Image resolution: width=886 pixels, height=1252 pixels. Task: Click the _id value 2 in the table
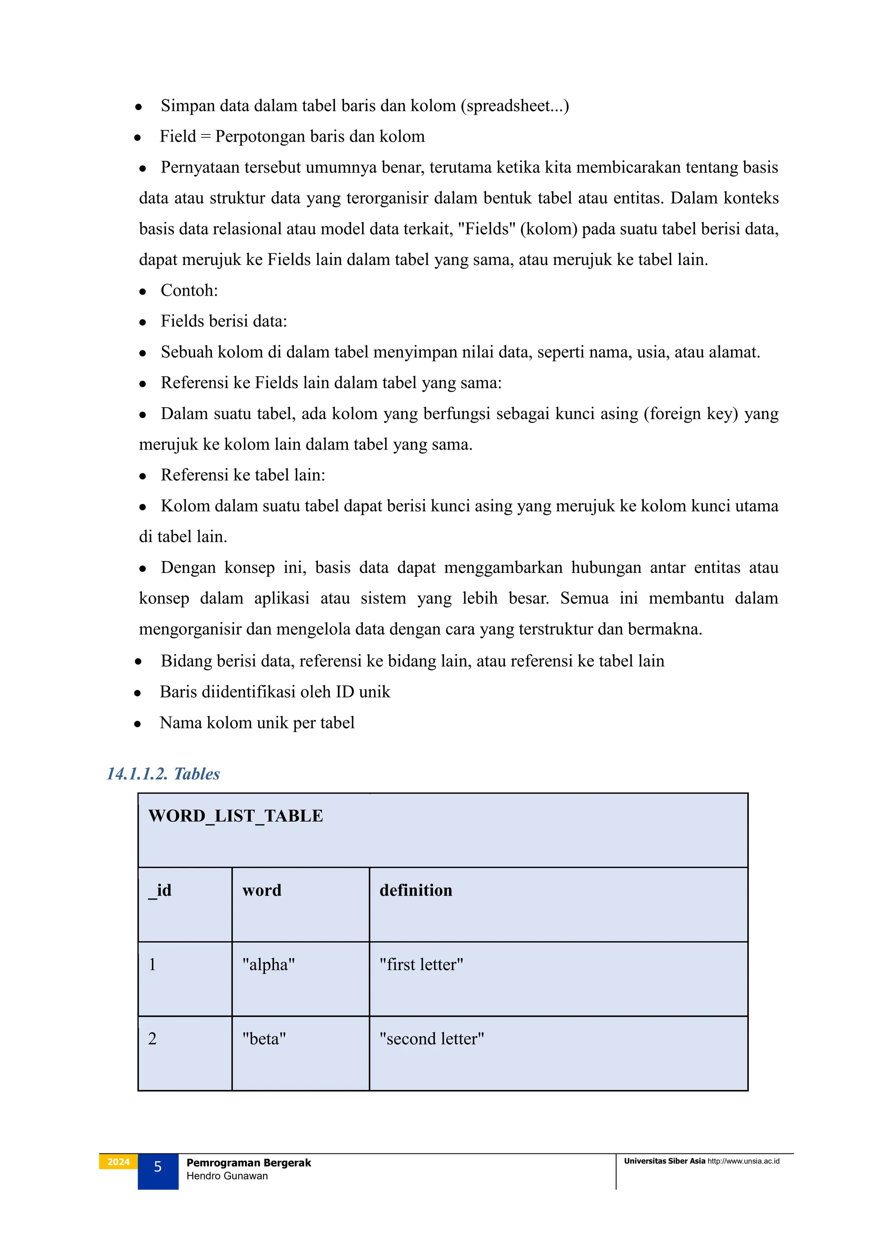(152, 1039)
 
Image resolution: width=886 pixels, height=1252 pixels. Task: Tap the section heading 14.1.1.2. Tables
(163, 774)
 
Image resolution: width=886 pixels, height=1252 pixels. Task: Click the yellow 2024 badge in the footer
(119, 1162)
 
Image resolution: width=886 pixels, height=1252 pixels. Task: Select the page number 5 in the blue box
(157, 1167)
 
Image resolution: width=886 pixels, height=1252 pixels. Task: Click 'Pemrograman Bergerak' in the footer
(248, 1163)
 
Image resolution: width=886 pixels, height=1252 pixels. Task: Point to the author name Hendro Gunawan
(227, 1176)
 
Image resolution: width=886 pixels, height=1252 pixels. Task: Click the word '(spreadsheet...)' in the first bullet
(514, 106)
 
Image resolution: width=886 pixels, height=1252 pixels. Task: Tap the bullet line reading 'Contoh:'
(189, 291)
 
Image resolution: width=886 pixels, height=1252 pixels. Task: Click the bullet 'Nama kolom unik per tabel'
(257, 723)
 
